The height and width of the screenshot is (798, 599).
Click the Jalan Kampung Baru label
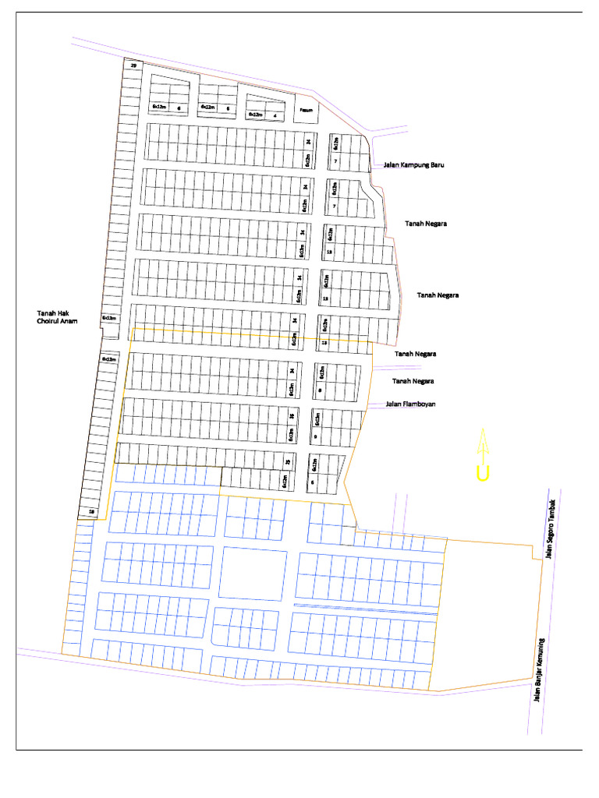click(413, 165)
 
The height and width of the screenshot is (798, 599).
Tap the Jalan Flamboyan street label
click(410, 404)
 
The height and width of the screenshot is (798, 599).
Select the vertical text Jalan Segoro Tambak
click(549, 530)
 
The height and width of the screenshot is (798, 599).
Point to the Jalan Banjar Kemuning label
click(537, 670)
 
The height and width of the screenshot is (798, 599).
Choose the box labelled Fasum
click(307, 110)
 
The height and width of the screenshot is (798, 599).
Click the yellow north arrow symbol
click(483, 446)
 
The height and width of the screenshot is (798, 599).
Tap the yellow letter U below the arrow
click(483, 473)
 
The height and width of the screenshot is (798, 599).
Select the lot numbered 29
click(133, 65)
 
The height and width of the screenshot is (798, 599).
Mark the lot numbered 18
click(92, 512)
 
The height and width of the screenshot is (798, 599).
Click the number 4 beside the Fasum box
click(275, 115)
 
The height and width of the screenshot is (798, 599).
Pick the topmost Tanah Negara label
click(425, 224)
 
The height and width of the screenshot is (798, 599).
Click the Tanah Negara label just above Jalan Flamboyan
click(413, 381)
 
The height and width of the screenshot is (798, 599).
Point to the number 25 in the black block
click(287, 463)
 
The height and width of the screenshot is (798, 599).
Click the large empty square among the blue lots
click(252, 573)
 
